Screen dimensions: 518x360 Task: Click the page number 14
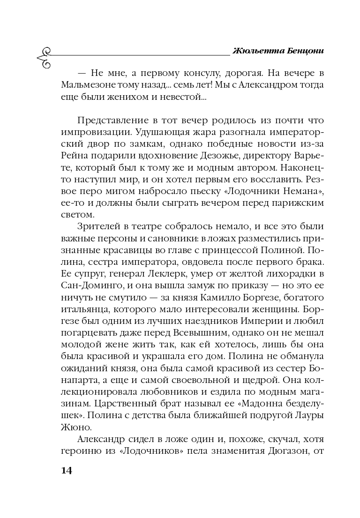(65, 470)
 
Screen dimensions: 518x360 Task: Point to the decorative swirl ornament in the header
(43, 56)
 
